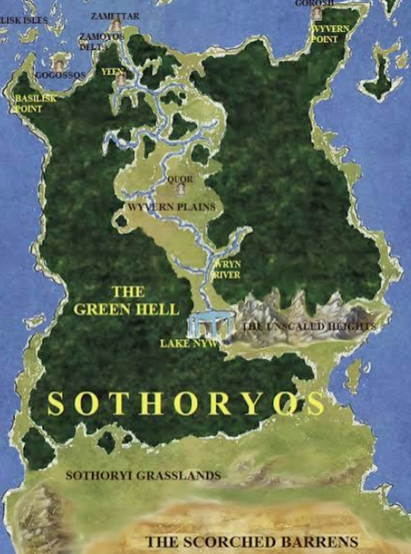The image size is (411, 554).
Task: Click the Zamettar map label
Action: [x=115, y=16]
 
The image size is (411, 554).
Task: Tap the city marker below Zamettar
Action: [x=116, y=26]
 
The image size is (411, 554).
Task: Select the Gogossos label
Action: [x=60, y=75]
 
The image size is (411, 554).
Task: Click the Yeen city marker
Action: [x=120, y=80]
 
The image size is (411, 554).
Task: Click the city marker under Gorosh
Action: [x=316, y=14]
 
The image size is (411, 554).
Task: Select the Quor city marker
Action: [x=180, y=188]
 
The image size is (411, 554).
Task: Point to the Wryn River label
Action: [x=227, y=270]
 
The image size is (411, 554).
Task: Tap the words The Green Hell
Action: [x=126, y=300]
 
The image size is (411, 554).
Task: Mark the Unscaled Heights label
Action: [x=309, y=326]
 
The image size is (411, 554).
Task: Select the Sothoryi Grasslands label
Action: [x=143, y=475]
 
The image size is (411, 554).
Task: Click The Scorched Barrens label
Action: [x=252, y=541]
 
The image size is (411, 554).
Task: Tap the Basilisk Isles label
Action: [x=24, y=20]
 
